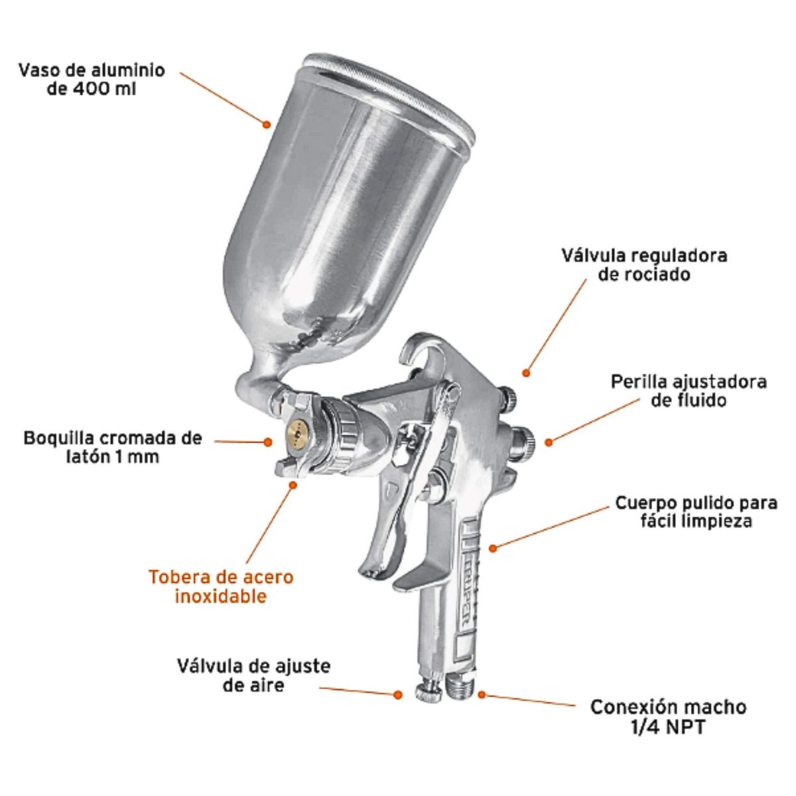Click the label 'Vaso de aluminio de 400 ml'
(92, 80)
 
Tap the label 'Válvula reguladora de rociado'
(644, 265)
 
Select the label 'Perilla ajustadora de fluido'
(689, 391)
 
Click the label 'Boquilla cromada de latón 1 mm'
(113, 448)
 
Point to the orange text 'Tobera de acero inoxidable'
(221, 587)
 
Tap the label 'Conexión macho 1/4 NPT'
(668, 717)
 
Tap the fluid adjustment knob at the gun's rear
(522, 442)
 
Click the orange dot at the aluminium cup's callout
(267, 124)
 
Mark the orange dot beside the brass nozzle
(268, 442)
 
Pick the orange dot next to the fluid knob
(549, 442)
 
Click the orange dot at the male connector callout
(481, 695)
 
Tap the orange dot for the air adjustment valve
(398, 695)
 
